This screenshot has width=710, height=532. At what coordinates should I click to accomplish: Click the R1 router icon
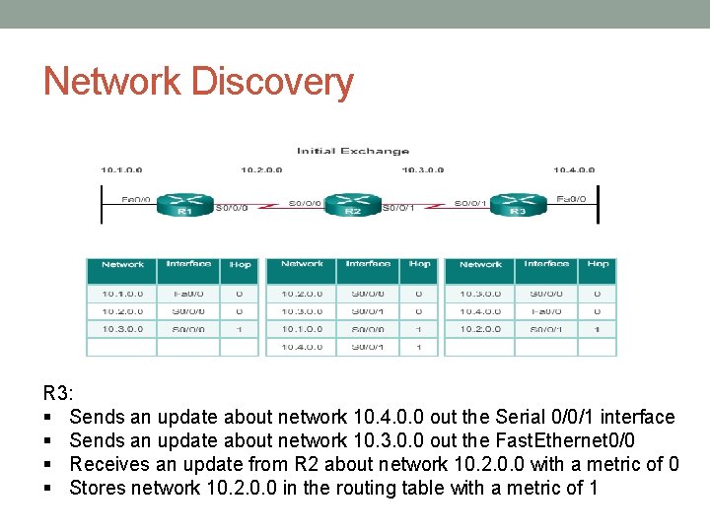click(184, 205)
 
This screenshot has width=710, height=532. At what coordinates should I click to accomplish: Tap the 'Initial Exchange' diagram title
click(353, 151)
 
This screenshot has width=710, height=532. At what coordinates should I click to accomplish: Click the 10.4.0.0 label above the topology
click(574, 169)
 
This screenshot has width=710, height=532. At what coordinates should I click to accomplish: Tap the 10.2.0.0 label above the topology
click(261, 169)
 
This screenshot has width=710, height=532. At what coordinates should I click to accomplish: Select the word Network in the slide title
click(110, 81)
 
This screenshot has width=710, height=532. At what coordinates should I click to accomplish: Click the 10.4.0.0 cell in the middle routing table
click(302, 347)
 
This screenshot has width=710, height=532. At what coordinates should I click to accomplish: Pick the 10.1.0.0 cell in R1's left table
click(122, 293)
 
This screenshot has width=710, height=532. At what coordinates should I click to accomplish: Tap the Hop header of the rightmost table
click(598, 264)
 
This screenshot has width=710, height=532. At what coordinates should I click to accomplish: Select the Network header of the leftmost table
click(122, 264)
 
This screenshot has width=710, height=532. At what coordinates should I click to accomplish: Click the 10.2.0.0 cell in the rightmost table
click(480, 329)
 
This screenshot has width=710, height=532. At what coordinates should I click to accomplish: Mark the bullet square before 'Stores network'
click(48, 488)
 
